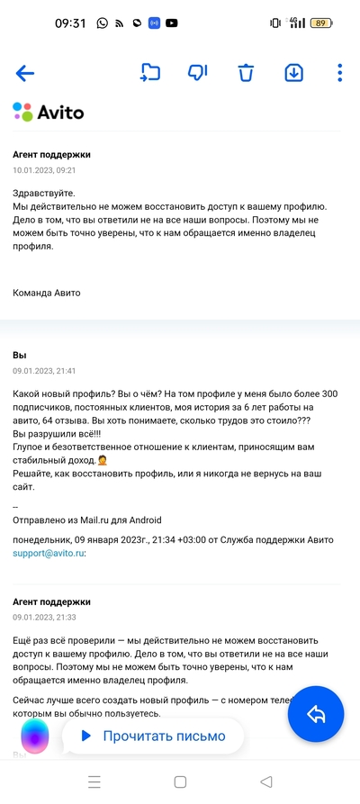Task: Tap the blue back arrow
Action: point(24,74)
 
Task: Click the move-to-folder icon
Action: point(149,73)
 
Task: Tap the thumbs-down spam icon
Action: point(197,73)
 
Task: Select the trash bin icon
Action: point(246,73)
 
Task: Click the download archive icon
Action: point(293,73)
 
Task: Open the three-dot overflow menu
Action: point(339,73)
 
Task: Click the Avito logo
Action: point(49,113)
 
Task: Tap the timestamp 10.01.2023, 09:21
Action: point(44,169)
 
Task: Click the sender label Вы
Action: point(19,357)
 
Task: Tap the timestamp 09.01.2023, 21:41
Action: point(44,371)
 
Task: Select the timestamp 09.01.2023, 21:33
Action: point(44,618)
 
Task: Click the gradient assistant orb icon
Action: point(34,736)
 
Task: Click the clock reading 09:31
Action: point(70,23)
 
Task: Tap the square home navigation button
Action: point(180,781)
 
